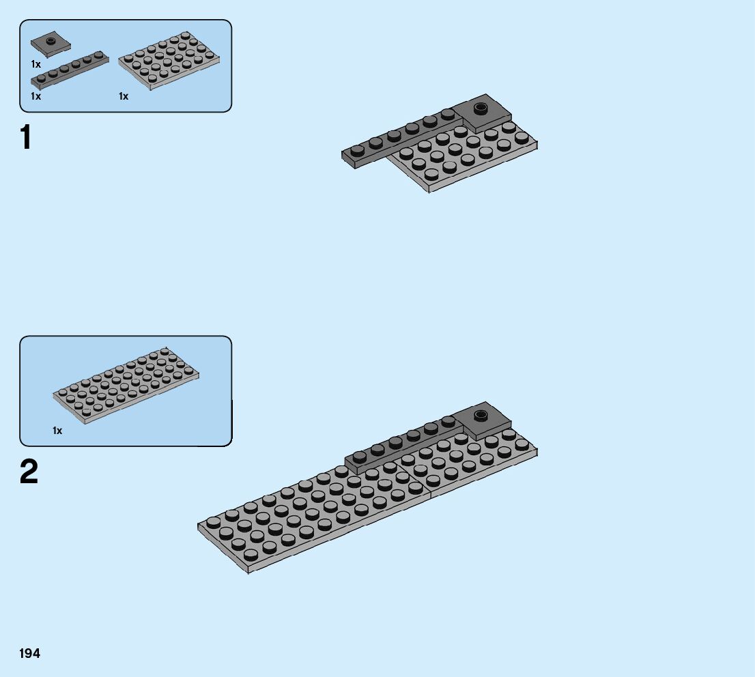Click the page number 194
[30, 654]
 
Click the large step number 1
[26, 138]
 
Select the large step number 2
[29, 472]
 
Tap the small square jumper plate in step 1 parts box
[51, 44]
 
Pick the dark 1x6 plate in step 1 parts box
[69, 70]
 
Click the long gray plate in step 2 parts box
[126, 386]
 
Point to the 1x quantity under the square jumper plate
[35, 64]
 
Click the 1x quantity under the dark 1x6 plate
[35, 97]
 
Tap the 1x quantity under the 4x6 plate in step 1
[124, 97]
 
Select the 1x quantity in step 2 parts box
[57, 431]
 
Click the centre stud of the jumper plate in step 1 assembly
[481, 107]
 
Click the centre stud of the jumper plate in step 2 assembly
[481, 414]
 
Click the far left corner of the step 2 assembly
[199, 526]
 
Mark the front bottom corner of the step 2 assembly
[248, 571]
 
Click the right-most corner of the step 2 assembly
[537, 450]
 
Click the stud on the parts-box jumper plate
[51, 40]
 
